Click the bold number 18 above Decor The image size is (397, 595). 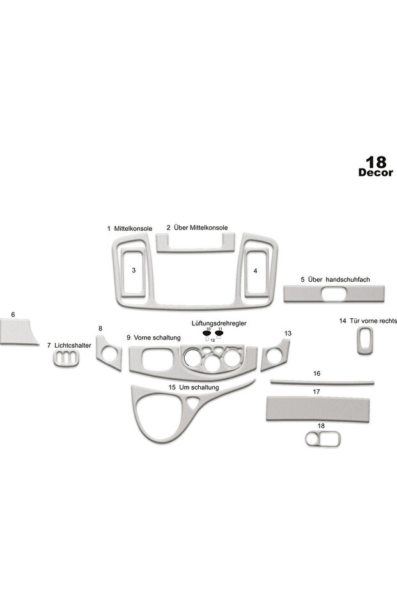(376, 162)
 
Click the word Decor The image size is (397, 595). (376, 173)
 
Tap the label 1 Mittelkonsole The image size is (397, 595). (129, 228)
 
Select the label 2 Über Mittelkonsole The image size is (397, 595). (197, 228)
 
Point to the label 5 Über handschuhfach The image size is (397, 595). (335, 279)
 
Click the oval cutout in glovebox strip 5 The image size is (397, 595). (334, 294)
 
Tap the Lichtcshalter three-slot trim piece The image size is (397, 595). (66, 358)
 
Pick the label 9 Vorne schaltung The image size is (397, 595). (153, 337)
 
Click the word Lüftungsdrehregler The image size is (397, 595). (219, 323)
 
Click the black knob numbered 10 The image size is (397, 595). (207, 334)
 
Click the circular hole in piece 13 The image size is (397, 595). (273, 357)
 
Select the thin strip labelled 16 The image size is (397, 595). (322, 382)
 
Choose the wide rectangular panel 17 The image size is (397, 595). (317, 408)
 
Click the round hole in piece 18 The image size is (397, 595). (313, 440)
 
